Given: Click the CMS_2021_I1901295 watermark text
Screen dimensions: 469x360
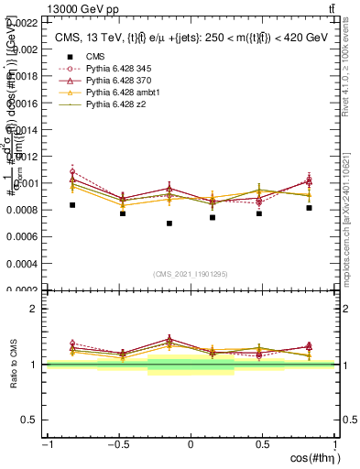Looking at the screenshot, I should coord(191,274).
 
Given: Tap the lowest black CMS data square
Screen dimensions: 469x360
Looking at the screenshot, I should coord(169,224).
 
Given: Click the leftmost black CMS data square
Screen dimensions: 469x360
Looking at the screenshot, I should coord(72,205).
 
